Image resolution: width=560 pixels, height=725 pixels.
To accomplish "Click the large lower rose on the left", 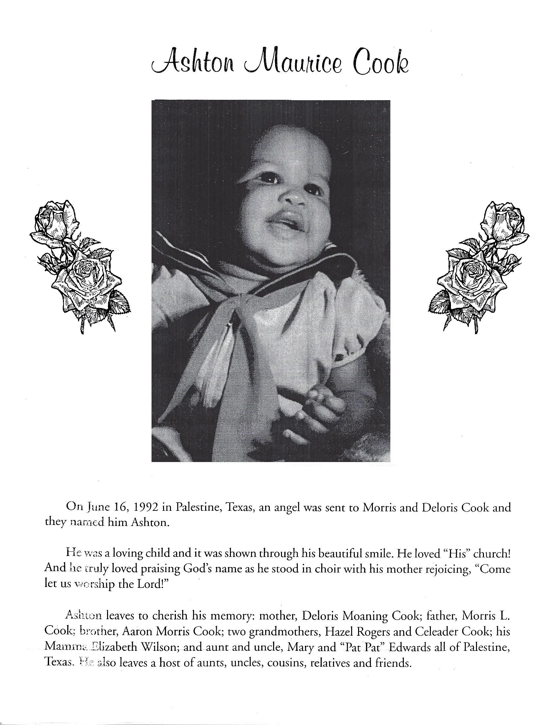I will point(88,275).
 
